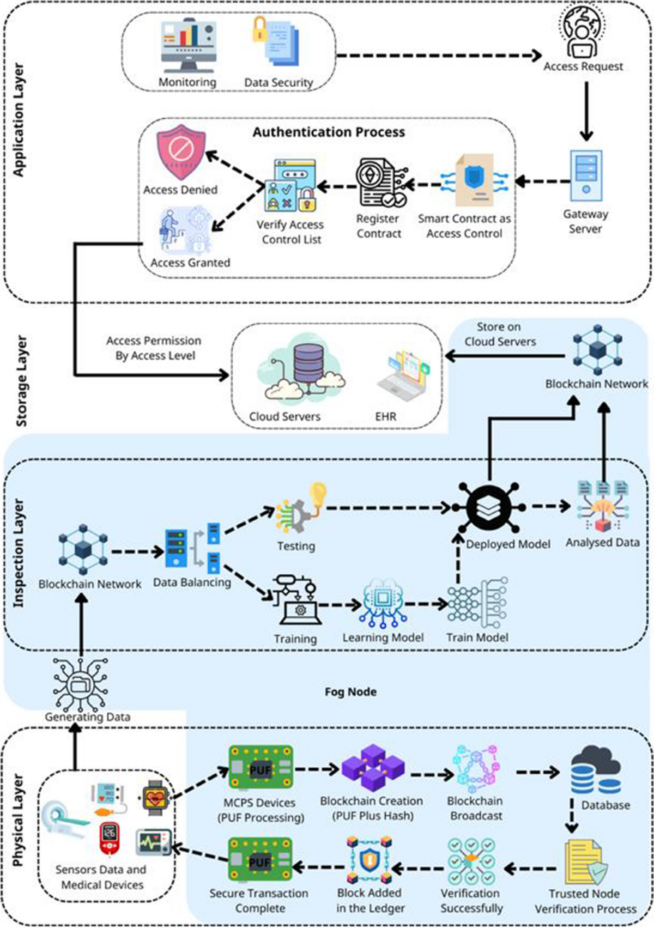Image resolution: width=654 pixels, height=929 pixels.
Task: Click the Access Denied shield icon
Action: point(181,153)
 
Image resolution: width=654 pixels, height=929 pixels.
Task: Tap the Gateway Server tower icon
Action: point(586,176)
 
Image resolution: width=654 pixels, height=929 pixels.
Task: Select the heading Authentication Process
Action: point(329,132)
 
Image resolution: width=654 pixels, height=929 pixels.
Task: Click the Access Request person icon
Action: point(582,33)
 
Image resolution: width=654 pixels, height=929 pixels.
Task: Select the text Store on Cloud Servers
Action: point(499,334)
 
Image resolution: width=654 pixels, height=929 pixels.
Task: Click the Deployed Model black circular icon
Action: point(489,507)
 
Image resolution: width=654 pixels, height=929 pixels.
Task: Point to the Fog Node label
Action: point(350,691)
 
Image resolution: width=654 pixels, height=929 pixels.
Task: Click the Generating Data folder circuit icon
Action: point(81,683)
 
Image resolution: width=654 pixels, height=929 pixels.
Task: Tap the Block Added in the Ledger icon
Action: point(370,861)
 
